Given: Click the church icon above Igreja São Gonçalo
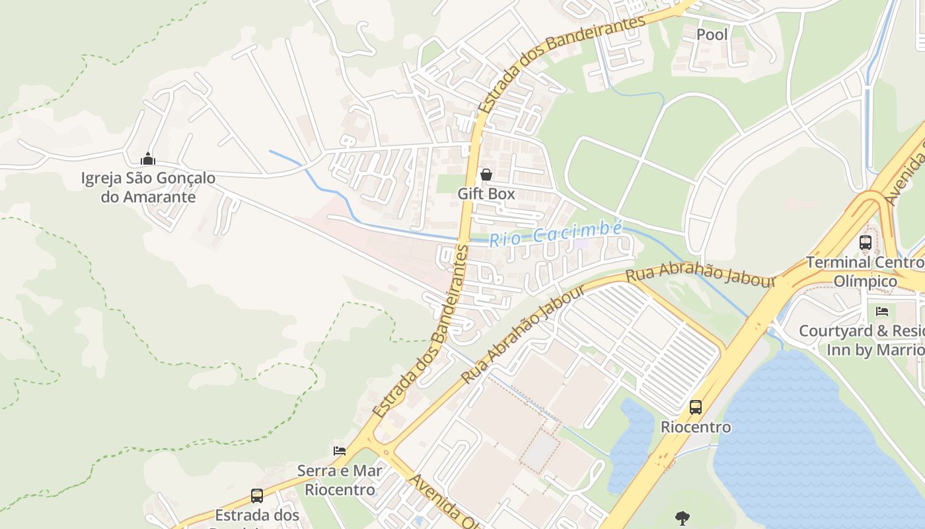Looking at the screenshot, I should point(148,159).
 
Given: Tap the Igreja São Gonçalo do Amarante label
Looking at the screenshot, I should point(148,187).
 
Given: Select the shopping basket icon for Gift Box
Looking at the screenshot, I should point(486,175).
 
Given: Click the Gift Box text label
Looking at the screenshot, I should point(486,194).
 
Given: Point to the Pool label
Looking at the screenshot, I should point(712,34).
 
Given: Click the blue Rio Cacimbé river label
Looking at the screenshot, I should point(555,234).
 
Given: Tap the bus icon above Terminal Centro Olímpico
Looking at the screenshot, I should point(866,243).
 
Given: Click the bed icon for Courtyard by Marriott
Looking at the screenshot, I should point(882,311).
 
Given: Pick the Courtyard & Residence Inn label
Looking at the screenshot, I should point(862,340).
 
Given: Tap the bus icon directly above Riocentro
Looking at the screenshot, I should point(696,407).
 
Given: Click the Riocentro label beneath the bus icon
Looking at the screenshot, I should point(696,427).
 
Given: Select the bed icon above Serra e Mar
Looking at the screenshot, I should point(340,451).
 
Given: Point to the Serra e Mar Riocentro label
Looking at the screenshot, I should point(340,480).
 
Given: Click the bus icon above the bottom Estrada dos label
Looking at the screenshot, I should point(256,495).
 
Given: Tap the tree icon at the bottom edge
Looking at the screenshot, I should point(683,518).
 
